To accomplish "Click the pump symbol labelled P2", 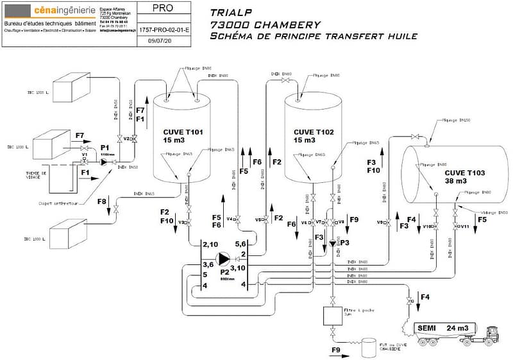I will [x=224, y=259].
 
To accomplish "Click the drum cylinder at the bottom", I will [x=369, y=348].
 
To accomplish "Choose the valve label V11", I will [x=464, y=227].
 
